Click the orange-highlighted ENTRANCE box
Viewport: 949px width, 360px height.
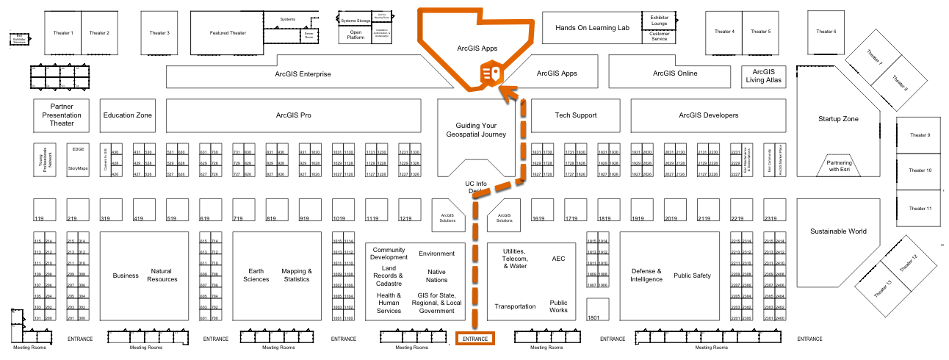point(475,339)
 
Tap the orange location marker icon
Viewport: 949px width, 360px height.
point(491,74)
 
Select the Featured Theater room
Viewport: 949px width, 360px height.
point(228,32)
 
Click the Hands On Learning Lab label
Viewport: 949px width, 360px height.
point(593,27)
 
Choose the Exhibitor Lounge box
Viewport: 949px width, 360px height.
point(659,20)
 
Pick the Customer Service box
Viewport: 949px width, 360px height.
point(659,36)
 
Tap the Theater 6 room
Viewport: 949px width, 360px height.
point(826,32)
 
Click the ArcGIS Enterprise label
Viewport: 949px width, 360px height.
point(303,73)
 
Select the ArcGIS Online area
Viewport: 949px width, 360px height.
point(675,73)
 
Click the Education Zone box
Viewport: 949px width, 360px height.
point(128,115)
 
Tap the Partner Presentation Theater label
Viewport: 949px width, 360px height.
point(62,115)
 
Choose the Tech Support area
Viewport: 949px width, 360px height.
point(575,115)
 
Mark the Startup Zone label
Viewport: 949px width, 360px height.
point(838,118)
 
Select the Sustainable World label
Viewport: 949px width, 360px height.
point(838,231)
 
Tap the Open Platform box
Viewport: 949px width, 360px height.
point(356,35)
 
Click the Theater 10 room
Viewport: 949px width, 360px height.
point(920,170)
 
